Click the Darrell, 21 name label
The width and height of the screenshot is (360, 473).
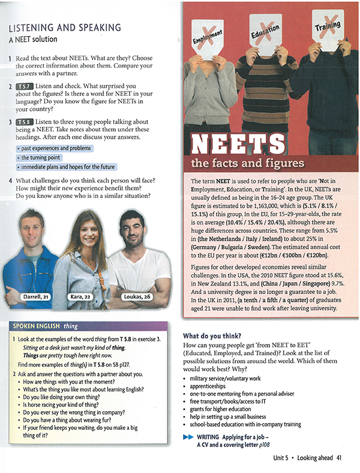pos(35,296)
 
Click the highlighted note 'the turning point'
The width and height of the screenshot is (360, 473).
pos(46,157)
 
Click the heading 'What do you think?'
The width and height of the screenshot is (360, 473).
pos(214,336)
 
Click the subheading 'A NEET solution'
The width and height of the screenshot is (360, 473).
pos(33,40)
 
